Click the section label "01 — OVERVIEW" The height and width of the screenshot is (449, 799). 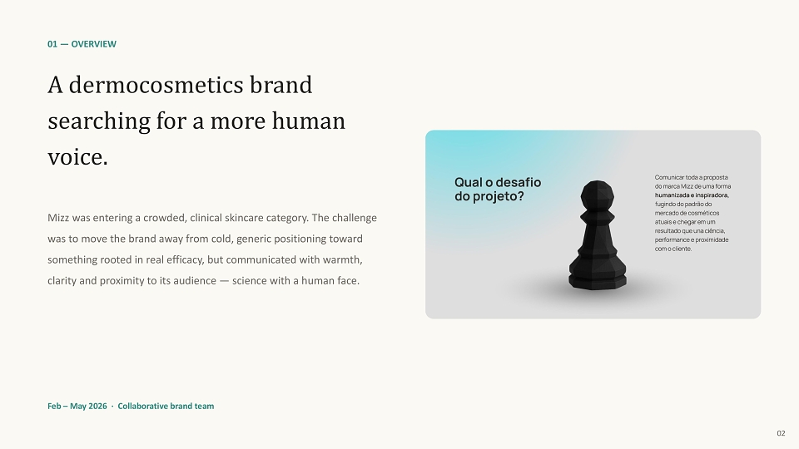pyautogui.click(x=82, y=44)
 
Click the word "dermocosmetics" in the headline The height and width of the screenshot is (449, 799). pyautogui.click(x=156, y=85)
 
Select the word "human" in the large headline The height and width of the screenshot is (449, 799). pyautogui.click(x=308, y=121)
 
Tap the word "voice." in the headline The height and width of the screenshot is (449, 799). pyautogui.click(x=78, y=157)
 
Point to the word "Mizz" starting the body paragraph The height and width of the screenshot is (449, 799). pyautogui.click(x=58, y=218)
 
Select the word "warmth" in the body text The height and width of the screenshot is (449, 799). pyautogui.click(x=341, y=259)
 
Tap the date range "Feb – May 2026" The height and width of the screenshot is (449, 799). pyautogui.click(x=77, y=407)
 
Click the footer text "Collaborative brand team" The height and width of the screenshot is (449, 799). pyautogui.click(x=166, y=407)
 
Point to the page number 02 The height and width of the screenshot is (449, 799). pyautogui.click(x=781, y=433)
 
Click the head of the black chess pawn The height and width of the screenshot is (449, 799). pyautogui.click(x=598, y=195)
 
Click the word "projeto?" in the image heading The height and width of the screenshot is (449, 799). pyautogui.click(x=499, y=196)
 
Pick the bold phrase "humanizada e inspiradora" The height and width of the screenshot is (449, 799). pyautogui.click(x=692, y=195)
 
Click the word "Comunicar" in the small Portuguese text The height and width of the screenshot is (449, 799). pyautogui.click(x=669, y=177)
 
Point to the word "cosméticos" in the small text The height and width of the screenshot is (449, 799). pyautogui.click(x=702, y=213)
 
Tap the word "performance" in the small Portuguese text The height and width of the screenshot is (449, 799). pyautogui.click(x=672, y=239)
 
